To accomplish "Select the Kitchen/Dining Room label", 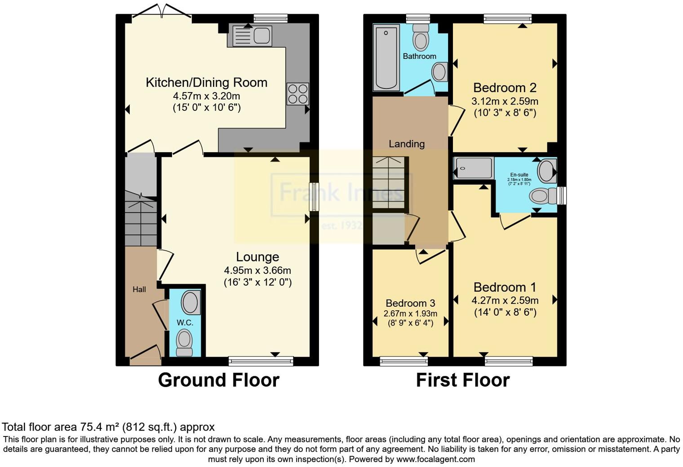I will click(207, 83).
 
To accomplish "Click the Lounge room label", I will click(257, 257).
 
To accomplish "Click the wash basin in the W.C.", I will click(191, 302).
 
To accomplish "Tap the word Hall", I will click(139, 290).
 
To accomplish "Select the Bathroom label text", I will click(419, 56).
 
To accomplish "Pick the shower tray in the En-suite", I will click(474, 168).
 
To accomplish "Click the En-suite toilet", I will click(541, 196).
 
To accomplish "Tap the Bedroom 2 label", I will click(505, 88).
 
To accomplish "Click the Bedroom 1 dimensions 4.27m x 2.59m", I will click(505, 300).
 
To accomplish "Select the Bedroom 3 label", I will click(410, 303).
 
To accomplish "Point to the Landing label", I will click(406, 144).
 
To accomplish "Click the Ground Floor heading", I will click(218, 380).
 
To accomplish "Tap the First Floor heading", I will click(462, 380).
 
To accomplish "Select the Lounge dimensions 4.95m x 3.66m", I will click(257, 270).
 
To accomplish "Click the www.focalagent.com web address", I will click(435, 459).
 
